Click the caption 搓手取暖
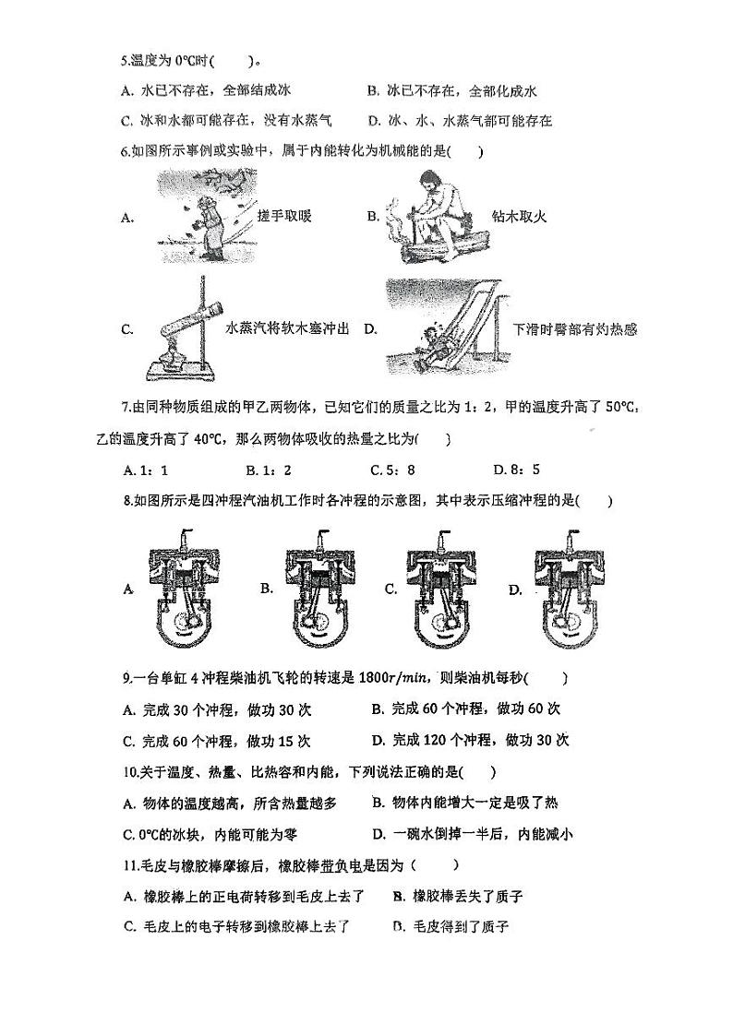coord(284,216)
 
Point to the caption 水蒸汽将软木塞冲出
coord(287,329)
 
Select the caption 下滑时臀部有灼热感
coord(575,329)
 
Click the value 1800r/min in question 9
coord(390,679)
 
